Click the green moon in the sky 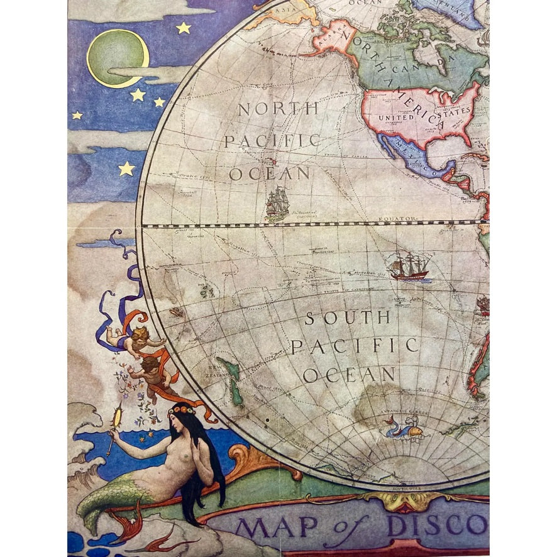point(118,58)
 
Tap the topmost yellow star point(183,28)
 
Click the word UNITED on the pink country point(395,118)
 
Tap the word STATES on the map point(457,111)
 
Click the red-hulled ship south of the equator point(407,267)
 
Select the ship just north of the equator point(277,202)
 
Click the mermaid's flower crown point(182,409)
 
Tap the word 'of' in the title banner point(343,526)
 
